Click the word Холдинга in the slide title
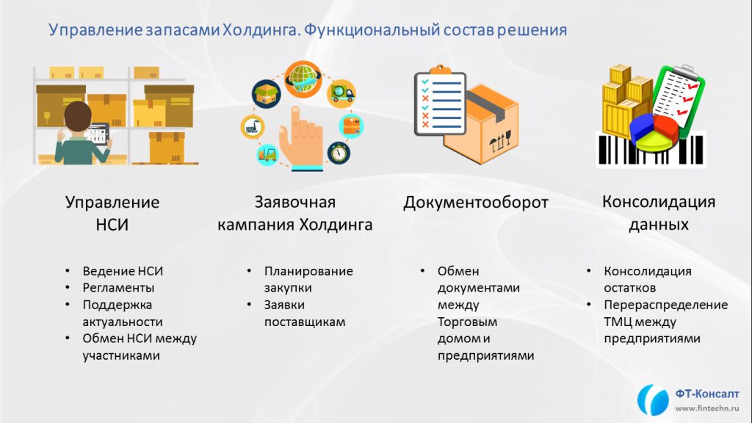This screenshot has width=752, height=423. click(x=261, y=30)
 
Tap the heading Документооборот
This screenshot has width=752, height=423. click(x=475, y=203)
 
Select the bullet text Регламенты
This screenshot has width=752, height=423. click(x=118, y=288)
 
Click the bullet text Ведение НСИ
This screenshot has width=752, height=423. click(x=123, y=271)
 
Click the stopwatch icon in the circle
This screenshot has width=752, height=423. click(x=339, y=153)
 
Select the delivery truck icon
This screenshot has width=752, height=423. click(x=341, y=93)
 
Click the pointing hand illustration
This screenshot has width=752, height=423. click(x=301, y=139)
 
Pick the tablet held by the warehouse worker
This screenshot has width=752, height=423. click(x=98, y=134)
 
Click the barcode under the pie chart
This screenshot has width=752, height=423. click(x=651, y=151)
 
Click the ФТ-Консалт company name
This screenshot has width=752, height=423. click(x=707, y=394)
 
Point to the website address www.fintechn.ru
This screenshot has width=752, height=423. click(x=707, y=408)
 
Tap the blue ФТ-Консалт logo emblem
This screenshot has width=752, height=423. click(x=653, y=399)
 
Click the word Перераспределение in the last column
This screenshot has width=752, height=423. click(x=665, y=305)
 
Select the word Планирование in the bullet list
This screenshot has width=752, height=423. click(x=308, y=272)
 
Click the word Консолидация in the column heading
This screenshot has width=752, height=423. click(x=659, y=202)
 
